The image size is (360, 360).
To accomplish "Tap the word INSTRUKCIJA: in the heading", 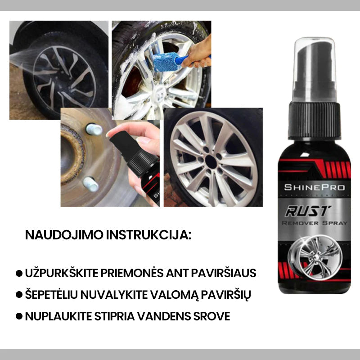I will (x=154, y=234).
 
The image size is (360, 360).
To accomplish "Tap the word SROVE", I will (x=214, y=316).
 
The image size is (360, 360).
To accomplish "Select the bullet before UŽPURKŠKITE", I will (x=19, y=273).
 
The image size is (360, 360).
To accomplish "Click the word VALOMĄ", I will (x=169, y=295).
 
